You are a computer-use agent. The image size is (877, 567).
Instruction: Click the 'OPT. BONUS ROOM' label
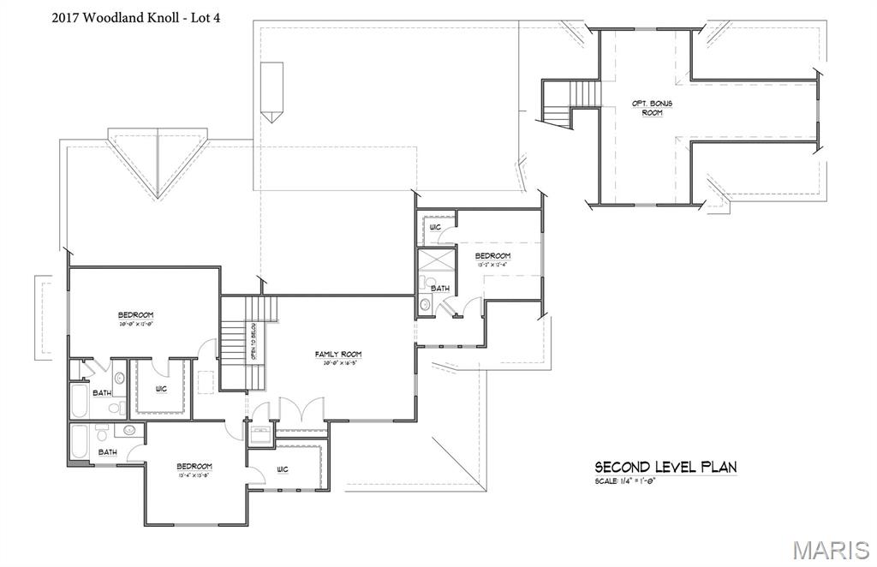pos(653,108)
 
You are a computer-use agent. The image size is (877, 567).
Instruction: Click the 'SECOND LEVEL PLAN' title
pos(665,468)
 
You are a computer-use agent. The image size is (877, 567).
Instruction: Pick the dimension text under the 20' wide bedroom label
pos(135,325)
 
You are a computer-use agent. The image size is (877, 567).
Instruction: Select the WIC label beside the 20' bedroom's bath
pos(161,390)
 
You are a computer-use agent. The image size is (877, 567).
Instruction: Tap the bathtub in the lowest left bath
pos(79,440)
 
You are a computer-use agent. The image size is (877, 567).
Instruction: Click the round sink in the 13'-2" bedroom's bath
pos(425,304)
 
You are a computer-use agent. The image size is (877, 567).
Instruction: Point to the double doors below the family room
pos(296,410)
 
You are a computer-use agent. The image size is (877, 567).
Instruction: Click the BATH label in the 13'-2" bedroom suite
pos(440,289)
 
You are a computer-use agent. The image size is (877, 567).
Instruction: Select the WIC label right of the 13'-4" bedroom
pos(283,469)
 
